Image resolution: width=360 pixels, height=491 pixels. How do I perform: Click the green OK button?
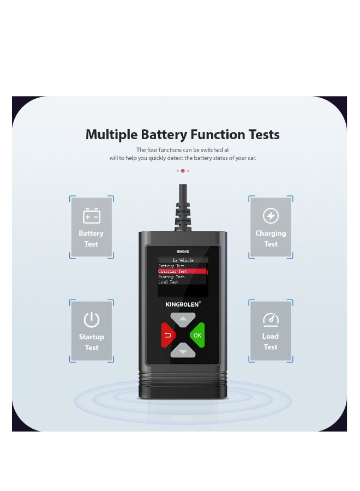pyautogui.click(x=197, y=335)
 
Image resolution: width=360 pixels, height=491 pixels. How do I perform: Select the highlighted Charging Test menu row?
pyautogui.click(x=182, y=271)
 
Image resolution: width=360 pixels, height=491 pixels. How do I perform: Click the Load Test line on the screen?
pyautogui.click(x=168, y=282)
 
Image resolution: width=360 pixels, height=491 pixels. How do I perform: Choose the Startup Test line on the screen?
pyautogui.click(x=171, y=277)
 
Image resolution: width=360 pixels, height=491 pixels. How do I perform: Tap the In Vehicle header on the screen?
pyautogui.click(x=183, y=260)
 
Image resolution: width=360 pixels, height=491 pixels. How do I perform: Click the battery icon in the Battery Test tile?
pyautogui.click(x=91, y=216)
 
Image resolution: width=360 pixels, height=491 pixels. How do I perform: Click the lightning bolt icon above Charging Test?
pyautogui.click(x=271, y=216)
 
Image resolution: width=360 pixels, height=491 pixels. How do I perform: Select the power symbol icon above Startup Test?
pyautogui.click(x=91, y=320)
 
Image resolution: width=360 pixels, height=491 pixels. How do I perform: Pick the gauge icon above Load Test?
pyautogui.click(x=271, y=319)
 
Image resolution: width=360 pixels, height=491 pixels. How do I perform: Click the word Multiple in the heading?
pyautogui.click(x=111, y=135)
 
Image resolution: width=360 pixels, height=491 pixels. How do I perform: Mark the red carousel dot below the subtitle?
pyautogui.click(x=183, y=171)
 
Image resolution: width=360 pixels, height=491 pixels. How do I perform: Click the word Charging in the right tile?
pyautogui.click(x=271, y=233)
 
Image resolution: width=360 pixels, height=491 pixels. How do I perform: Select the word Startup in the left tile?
pyautogui.click(x=91, y=337)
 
